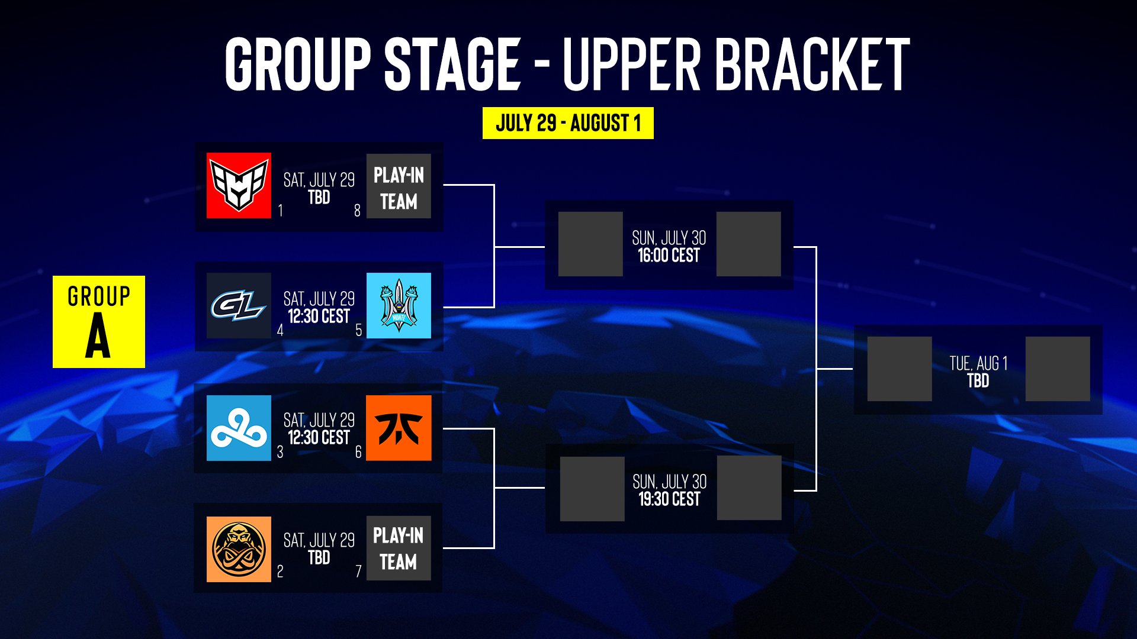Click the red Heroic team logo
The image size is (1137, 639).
pyautogui.click(x=239, y=186)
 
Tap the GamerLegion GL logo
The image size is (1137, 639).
pyautogui.click(x=239, y=305)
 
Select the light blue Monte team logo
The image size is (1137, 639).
pyautogui.click(x=399, y=305)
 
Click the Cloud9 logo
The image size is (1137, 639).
pyautogui.click(x=239, y=428)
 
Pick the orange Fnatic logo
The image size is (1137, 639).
pyautogui.click(x=399, y=428)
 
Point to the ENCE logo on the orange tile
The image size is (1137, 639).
pyautogui.click(x=239, y=549)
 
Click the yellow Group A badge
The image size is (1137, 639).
pyautogui.click(x=99, y=322)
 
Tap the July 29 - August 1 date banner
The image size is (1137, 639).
pyautogui.click(x=568, y=123)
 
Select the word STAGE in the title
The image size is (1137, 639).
pyautogui.click(x=452, y=64)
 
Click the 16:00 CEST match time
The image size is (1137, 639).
pyautogui.click(x=669, y=256)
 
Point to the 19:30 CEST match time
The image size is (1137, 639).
pyautogui.click(x=669, y=499)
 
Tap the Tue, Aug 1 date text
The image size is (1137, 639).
pyautogui.click(x=978, y=363)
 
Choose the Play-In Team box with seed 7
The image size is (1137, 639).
pyautogui.click(x=399, y=548)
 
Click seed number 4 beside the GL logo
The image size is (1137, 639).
pyautogui.click(x=280, y=330)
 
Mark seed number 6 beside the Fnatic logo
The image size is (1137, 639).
pyautogui.click(x=358, y=452)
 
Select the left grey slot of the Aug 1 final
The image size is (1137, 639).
pyautogui.click(x=900, y=369)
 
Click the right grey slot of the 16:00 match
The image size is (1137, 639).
pyautogui.click(x=749, y=244)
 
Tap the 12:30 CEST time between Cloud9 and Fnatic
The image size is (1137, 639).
pyautogui.click(x=319, y=438)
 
